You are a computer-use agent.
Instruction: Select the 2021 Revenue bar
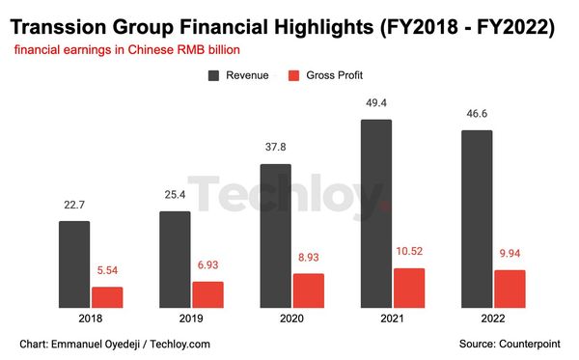tap(376, 213)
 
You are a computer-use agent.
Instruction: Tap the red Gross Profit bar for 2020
tap(308, 291)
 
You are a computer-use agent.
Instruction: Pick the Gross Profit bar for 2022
tap(509, 289)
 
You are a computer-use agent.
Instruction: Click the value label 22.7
tap(74, 206)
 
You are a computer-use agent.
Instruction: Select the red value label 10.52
tap(408, 253)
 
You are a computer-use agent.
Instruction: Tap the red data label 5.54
tap(107, 272)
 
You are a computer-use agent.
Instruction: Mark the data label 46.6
tap(477, 114)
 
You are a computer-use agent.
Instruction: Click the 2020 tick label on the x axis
tap(291, 318)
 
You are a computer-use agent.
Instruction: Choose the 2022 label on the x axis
tap(493, 318)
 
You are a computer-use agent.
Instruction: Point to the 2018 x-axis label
tap(91, 318)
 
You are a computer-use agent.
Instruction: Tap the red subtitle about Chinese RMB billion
tap(125, 49)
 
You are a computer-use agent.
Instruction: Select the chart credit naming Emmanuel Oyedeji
tap(114, 344)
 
